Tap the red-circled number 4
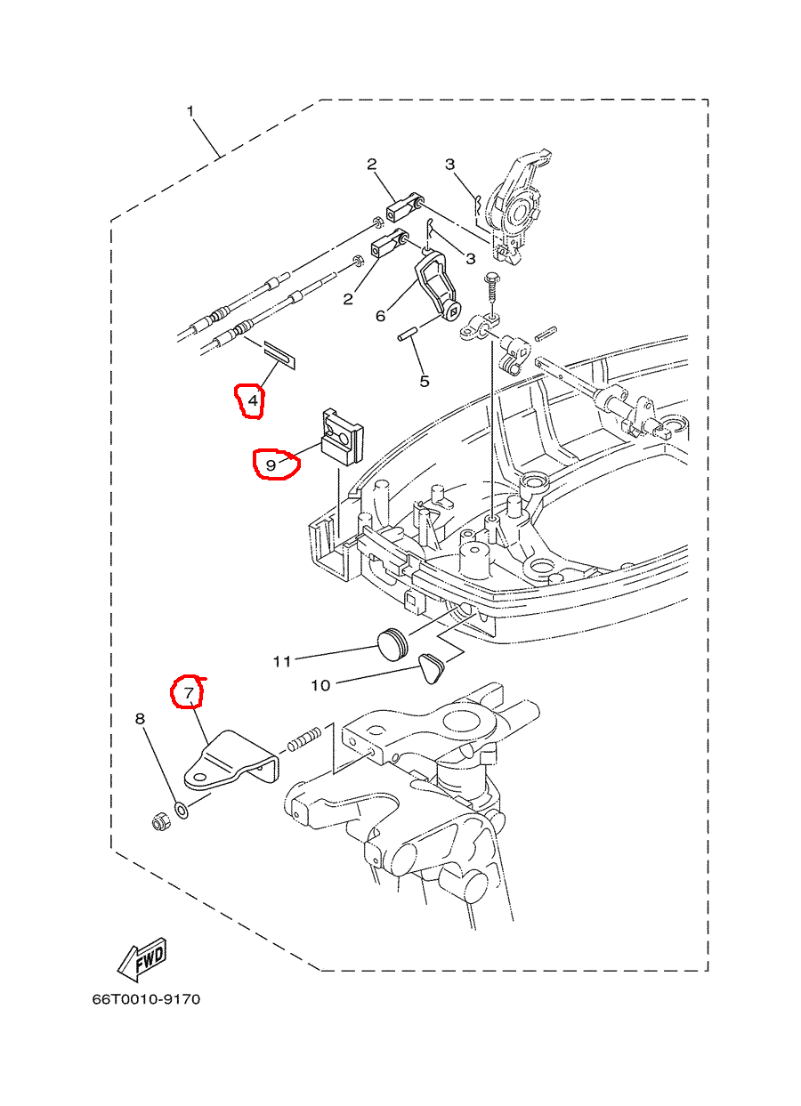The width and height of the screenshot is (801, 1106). point(253,401)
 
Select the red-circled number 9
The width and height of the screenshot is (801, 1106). point(271,464)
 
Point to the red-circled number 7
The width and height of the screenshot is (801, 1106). point(188,692)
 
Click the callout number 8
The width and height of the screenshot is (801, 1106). point(140,718)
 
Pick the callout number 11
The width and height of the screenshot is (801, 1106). point(282,661)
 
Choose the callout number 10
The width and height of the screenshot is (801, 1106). point(320,685)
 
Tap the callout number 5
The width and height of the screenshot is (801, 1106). point(425,381)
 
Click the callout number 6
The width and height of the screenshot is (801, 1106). point(381,315)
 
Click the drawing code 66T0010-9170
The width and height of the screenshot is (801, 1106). point(146,999)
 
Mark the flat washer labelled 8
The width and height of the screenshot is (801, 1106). point(182,810)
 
